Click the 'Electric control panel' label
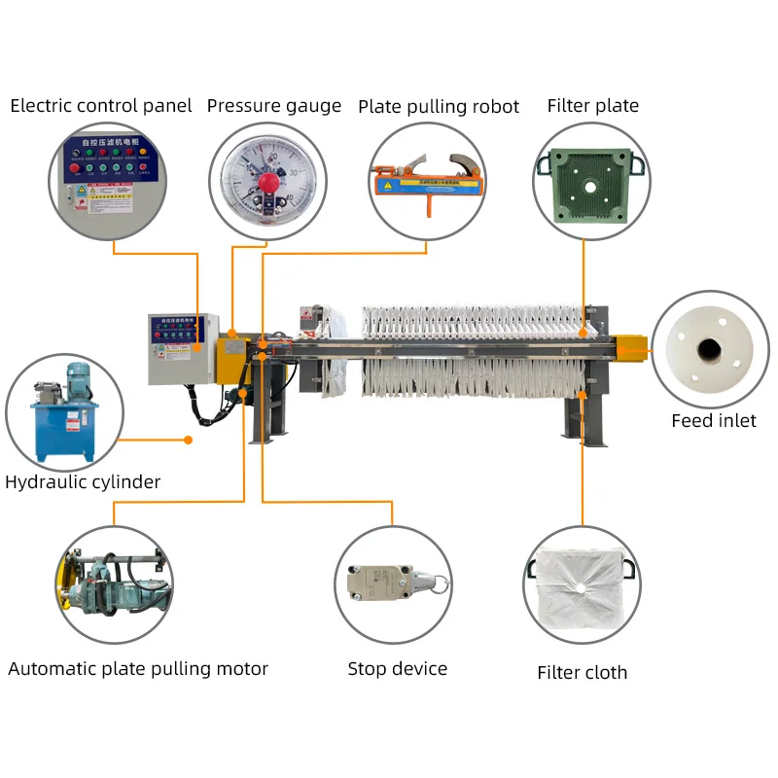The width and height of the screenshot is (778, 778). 101,106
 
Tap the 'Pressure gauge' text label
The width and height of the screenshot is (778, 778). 274,106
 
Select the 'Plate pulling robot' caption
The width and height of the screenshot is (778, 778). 439,106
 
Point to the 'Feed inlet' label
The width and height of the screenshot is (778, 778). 713,421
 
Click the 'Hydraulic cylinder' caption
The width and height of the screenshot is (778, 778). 83,481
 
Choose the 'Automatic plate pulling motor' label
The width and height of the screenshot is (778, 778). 138,668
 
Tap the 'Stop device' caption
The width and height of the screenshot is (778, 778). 398,668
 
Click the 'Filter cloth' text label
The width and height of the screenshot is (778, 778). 583,672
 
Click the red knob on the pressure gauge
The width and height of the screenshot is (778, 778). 268,182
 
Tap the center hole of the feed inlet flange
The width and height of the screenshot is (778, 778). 709,347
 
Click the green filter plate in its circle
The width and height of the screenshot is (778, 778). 583,181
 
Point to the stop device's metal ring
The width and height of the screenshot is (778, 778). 441,584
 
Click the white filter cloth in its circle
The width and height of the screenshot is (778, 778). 581,586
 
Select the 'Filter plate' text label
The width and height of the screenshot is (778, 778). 593,106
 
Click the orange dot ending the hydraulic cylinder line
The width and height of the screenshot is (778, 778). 188,440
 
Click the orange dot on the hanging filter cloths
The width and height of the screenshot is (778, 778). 583,394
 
